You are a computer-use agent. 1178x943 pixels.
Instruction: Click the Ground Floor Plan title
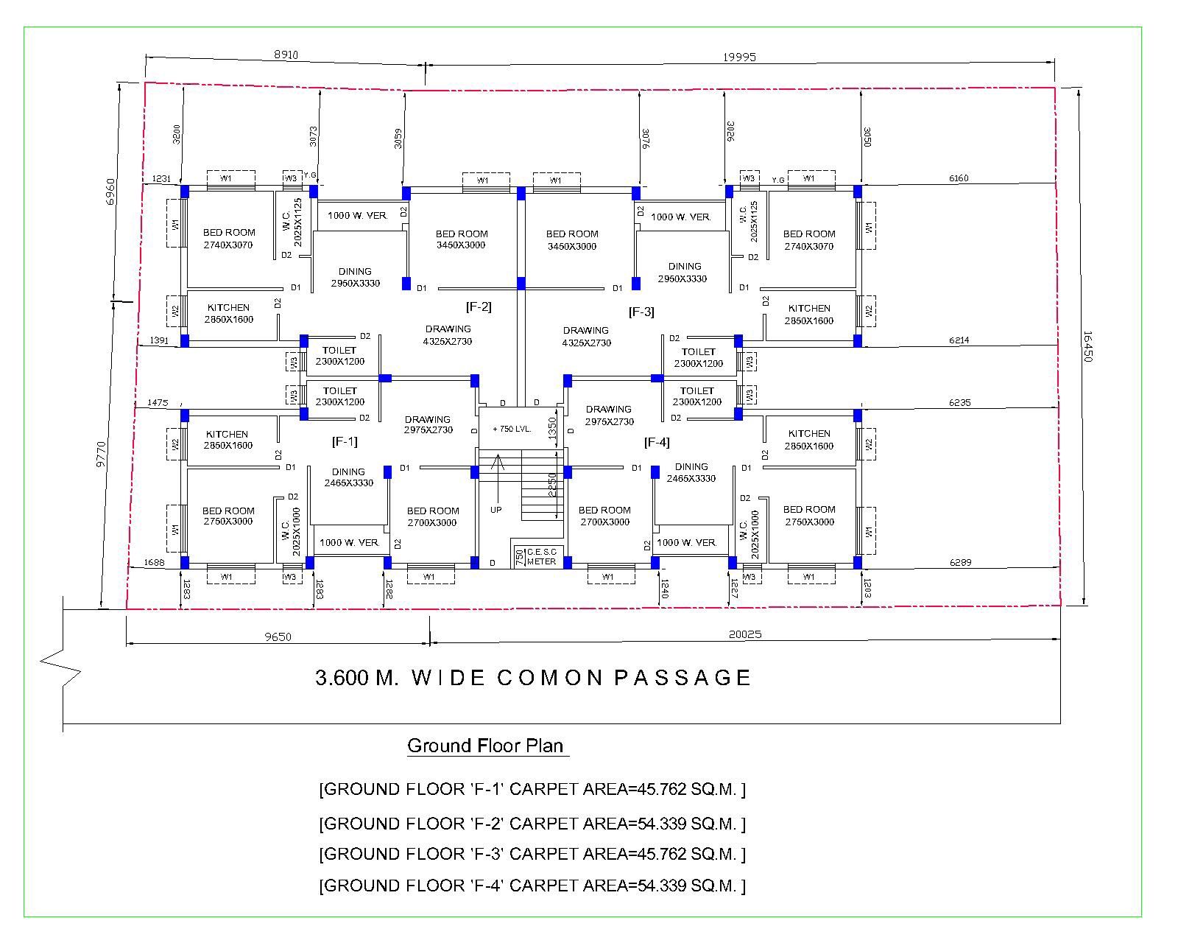(487, 746)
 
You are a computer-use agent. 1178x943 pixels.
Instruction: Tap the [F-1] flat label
(345, 441)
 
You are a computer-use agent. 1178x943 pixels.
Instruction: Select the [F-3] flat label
(641, 312)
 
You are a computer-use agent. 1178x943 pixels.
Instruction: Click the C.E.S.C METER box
(541, 556)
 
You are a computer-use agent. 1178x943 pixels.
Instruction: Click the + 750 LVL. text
(512, 429)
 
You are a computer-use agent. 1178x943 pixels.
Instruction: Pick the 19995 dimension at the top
(739, 57)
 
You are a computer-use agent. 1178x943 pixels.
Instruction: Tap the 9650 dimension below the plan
(278, 637)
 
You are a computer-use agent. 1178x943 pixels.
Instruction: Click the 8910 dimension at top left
(286, 55)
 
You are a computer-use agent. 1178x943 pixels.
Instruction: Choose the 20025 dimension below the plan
(745, 634)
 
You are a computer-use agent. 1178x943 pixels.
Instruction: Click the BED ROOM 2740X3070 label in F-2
(229, 239)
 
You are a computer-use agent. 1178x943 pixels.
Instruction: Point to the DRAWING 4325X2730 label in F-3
(586, 336)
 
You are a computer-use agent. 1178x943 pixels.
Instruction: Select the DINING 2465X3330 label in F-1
(348, 477)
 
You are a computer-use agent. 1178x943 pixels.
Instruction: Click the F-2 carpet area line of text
(532, 823)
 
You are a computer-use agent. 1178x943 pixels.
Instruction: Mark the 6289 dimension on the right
(960, 562)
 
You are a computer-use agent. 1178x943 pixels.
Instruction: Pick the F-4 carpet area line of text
(532, 886)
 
